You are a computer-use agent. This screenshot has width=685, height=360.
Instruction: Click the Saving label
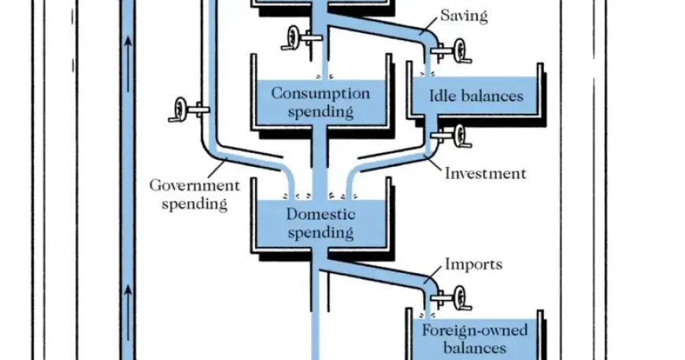pyautogui.click(x=463, y=16)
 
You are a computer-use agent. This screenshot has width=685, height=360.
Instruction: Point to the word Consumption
pyautogui.click(x=320, y=94)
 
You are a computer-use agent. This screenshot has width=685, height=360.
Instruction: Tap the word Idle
pyautogui.click(x=445, y=96)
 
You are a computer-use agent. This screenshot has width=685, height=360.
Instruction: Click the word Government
pyautogui.click(x=194, y=186)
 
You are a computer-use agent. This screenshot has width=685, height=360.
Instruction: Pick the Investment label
pyautogui.click(x=485, y=173)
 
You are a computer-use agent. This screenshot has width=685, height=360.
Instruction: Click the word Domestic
pyautogui.click(x=320, y=214)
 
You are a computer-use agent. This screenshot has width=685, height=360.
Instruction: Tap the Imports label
pyautogui.click(x=473, y=264)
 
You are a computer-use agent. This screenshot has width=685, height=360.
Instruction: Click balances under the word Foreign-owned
pyautogui.click(x=474, y=347)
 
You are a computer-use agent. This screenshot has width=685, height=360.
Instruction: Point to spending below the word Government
pyautogui.click(x=194, y=204)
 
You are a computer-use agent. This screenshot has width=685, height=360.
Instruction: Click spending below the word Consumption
pyautogui.click(x=320, y=112)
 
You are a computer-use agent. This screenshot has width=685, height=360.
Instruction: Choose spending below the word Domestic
pyautogui.click(x=320, y=232)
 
